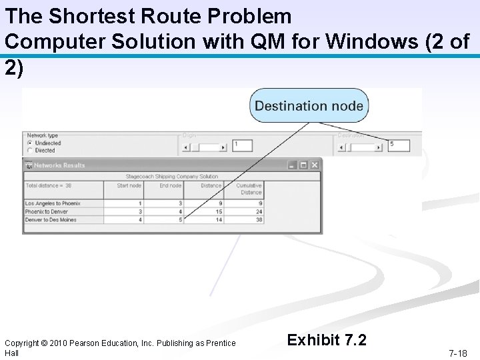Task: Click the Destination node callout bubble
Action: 309,105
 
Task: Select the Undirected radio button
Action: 29,143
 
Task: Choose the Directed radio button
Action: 29,151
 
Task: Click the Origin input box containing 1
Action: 242,145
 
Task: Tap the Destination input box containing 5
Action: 399,145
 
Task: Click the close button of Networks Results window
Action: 315,165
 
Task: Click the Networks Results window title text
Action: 59,165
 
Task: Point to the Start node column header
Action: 129,185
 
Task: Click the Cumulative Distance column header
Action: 250,188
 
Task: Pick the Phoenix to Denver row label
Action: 47,211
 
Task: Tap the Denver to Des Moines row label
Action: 51,219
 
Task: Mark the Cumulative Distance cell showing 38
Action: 258,219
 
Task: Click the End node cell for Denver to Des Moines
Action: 180,219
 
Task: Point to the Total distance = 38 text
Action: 49,185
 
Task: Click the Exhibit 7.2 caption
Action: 327,341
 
